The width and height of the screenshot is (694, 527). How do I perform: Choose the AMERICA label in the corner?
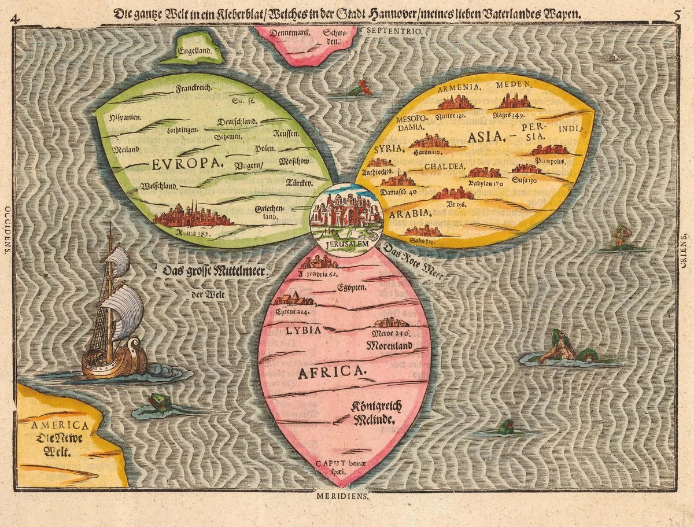pos(53,426)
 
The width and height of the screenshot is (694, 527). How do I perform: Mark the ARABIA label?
pos(410,213)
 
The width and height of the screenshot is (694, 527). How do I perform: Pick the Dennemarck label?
pos(283,34)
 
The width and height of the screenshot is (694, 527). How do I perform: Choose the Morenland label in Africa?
pos(389,346)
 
